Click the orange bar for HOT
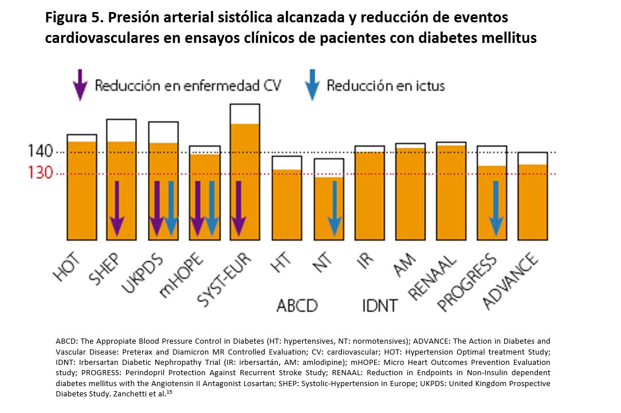point(81,189)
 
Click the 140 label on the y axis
point(40,152)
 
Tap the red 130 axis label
point(40,173)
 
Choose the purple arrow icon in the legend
point(81,84)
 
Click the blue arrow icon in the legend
point(312,84)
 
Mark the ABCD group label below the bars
point(297,305)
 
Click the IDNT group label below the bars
point(379,305)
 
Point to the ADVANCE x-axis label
point(512,281)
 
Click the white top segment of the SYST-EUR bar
point(245,114)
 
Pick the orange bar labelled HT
point(286,204)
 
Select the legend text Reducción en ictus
point(386,86)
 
